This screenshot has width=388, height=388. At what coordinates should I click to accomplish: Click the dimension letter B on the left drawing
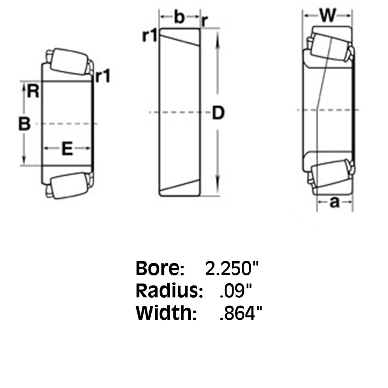(x=24, y=124)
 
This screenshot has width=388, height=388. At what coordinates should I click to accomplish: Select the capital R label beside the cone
(x=33, y=92)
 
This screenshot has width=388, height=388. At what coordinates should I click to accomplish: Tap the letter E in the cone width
(x=68, y=149)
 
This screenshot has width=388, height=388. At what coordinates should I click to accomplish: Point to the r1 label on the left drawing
(x=103, y=76)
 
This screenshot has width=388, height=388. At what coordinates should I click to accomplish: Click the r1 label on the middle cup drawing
(x=150, y=36)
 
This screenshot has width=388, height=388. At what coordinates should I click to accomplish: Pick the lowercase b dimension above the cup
(x=179, y=17)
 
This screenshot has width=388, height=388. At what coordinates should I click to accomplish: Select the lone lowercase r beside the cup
(x=204, y=22)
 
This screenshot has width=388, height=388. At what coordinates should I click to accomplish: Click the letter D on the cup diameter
(x=218, y=113)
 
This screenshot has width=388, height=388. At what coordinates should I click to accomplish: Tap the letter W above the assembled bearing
(x=328, y=16)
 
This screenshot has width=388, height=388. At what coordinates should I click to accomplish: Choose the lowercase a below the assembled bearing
(x=334, y=202)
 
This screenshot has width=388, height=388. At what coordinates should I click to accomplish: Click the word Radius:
(x=170, y=291)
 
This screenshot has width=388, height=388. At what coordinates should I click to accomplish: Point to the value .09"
(x=236, y=291)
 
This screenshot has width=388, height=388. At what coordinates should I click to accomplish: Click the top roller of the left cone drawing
(x=69, y=61)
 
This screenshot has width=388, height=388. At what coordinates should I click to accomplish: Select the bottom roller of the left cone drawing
(x=69, y=186)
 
